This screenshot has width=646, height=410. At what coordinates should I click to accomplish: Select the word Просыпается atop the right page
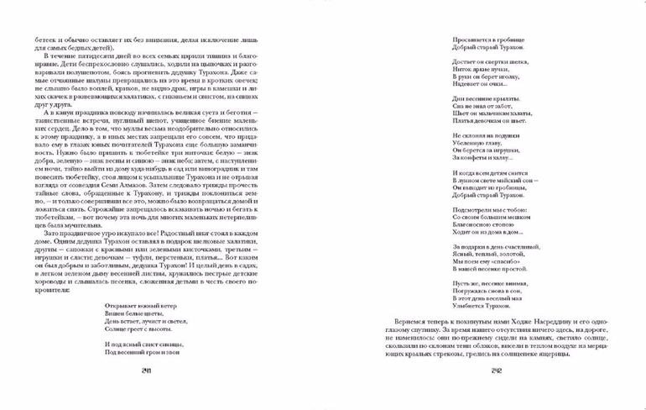coord(470,39)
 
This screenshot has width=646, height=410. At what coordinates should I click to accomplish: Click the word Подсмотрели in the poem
coord(471,210)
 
